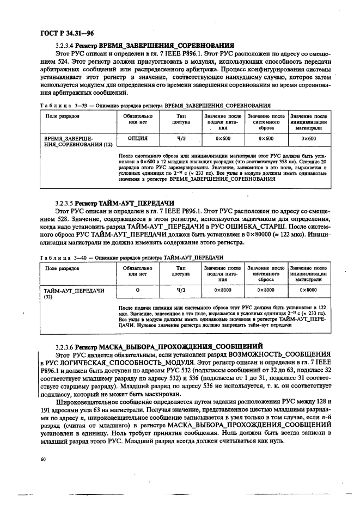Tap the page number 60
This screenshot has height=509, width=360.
click(42, 460)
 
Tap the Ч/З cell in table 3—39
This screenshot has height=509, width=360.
click(181, 139)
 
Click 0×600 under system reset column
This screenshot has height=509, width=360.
click(266, 139)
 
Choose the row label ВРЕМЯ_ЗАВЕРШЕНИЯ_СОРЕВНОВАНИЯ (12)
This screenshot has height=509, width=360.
click(78, 142)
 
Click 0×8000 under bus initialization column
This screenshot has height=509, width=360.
click(308, 290)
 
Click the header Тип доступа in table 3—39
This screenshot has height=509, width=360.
click(181, 120)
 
